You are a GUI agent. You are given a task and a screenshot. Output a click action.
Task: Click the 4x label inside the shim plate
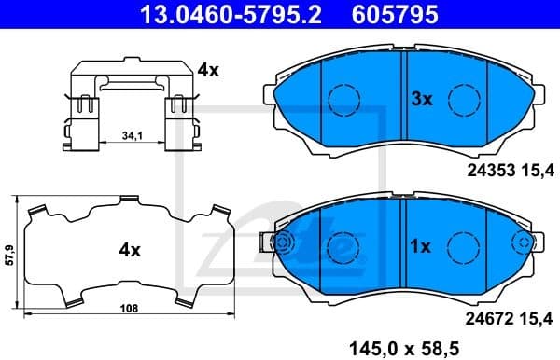point(129,250)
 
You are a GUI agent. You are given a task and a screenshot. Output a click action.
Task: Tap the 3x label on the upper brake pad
point(422,100)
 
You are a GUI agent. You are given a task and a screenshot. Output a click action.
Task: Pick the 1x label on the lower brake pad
point(420,247)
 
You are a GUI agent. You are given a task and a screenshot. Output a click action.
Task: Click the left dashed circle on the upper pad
point(344,99)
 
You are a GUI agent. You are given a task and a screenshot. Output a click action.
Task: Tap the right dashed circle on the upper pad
point(463,99)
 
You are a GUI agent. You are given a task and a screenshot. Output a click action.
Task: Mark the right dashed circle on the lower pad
point(463,246)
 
